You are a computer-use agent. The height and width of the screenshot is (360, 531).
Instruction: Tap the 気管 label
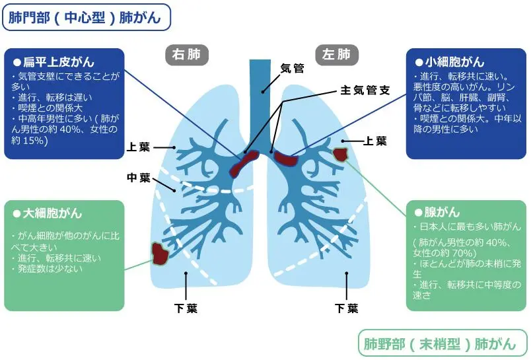click(292, 67)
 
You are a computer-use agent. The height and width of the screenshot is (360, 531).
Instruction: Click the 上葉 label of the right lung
click(139, 147)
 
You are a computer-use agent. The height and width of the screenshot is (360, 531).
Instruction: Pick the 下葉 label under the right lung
click(186, 308)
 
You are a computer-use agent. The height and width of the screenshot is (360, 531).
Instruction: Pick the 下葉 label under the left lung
click(346, 308)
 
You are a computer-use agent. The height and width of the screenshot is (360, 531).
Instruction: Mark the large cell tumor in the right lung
click(159, 253)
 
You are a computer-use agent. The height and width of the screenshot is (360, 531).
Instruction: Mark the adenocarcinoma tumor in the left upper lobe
click(341, 154)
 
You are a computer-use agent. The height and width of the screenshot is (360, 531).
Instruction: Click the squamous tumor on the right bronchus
click(244, 162)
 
